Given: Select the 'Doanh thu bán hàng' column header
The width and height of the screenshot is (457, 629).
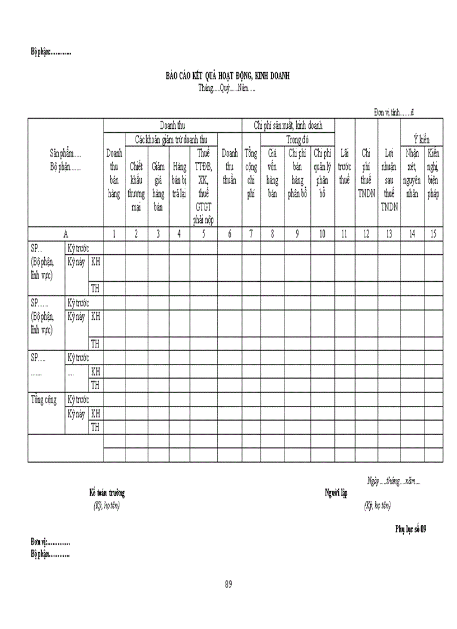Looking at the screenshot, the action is (114, 174).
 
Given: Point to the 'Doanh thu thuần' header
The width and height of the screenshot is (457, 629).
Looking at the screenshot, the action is (230, 166).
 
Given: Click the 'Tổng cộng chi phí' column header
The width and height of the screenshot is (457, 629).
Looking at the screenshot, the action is (251, 174).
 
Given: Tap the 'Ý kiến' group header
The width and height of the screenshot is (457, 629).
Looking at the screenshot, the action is (422, 139).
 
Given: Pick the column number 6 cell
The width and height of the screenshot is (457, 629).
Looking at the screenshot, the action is (230, 234).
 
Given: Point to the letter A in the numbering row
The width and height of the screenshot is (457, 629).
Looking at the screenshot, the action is (66, 234).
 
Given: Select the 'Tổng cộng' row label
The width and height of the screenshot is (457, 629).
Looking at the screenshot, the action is (43, 400).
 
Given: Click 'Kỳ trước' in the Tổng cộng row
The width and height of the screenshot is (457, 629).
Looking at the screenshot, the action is (78, 400).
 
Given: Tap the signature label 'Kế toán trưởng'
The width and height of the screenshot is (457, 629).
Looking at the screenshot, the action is (107, 493).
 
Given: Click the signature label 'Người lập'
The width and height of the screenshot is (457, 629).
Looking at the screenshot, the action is (337, 493).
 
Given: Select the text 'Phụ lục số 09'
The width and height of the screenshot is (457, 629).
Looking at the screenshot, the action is (411, 529).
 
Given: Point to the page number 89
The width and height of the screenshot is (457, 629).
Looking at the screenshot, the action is (228, 584).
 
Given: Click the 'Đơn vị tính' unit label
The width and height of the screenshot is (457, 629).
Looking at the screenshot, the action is (394, 113).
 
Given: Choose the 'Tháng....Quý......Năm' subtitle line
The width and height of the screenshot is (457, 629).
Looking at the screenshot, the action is (227, 88).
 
